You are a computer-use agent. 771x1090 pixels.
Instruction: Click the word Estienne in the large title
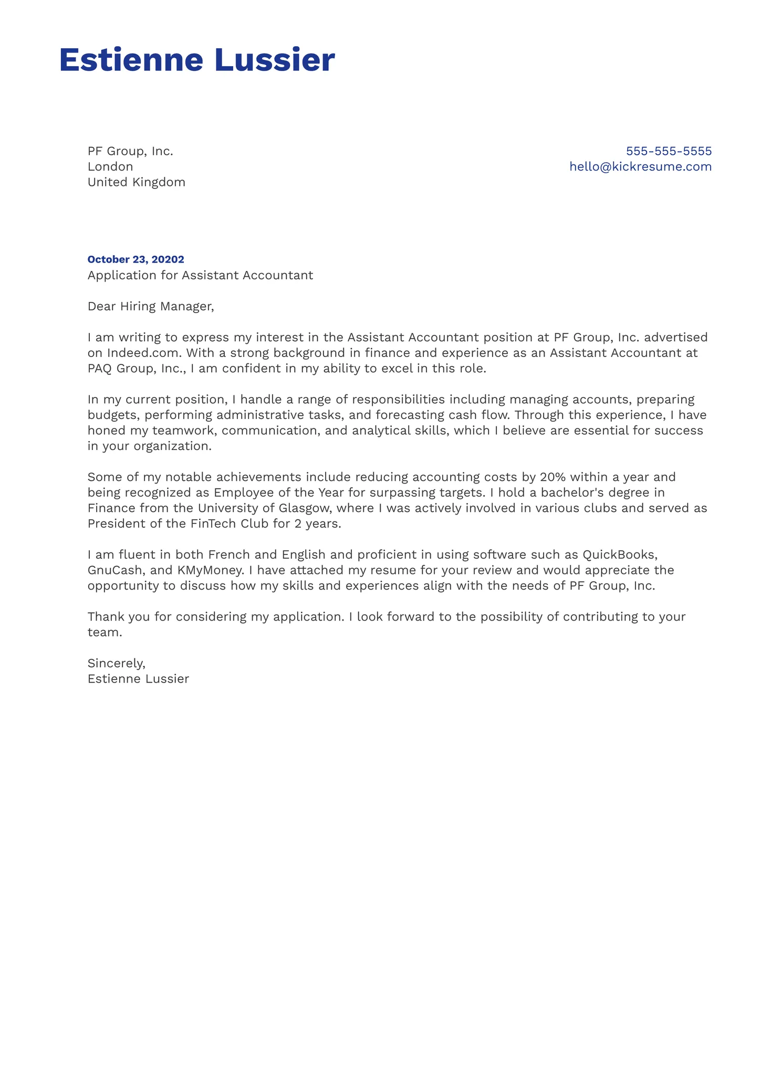click(131, 60)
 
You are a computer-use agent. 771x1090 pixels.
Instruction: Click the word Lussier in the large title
click(274, 60)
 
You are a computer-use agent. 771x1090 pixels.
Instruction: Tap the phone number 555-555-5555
click(669, 151)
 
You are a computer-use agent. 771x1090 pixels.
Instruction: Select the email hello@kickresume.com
click(640, 166)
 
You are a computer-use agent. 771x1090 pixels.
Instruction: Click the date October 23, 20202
click(136, 259)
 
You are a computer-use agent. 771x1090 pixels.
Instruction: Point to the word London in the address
click(110, 166)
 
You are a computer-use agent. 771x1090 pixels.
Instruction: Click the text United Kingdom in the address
click(136, 182)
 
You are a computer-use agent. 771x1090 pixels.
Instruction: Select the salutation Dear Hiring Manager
click(151, 306)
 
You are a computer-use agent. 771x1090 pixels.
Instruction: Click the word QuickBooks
click(620, 555)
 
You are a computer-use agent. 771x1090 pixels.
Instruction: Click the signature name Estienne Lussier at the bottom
click(138, 679)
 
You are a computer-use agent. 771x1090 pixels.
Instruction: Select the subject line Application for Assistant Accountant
click(200, 275)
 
